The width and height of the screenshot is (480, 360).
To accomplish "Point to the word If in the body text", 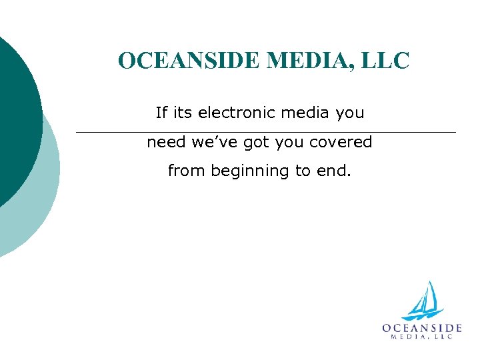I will (x=161, y=113).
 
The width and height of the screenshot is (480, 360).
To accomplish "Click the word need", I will (x=165, y=142).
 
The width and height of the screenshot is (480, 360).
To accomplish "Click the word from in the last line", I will (x=187, y=171).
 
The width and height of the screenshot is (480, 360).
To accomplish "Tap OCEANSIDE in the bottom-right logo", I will (x=422, y=327).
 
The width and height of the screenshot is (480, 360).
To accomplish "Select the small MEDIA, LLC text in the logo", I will (x=422, y=337).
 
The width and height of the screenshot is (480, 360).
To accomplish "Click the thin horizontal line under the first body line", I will (x=266, y=132).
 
